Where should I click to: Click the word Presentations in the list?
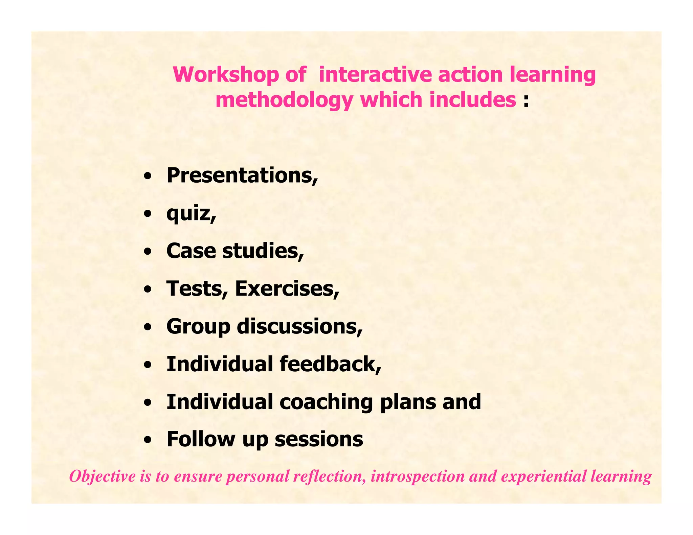tap(240, 176)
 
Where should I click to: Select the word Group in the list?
tap(198, 327)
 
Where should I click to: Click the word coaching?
tap(326, 402)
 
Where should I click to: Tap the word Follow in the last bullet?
tap(201, 439)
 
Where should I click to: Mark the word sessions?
tap(319, 440)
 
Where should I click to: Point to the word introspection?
tap(417, 477)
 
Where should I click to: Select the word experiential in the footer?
tap(543, 477)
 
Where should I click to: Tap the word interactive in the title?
tap(376, 75)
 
